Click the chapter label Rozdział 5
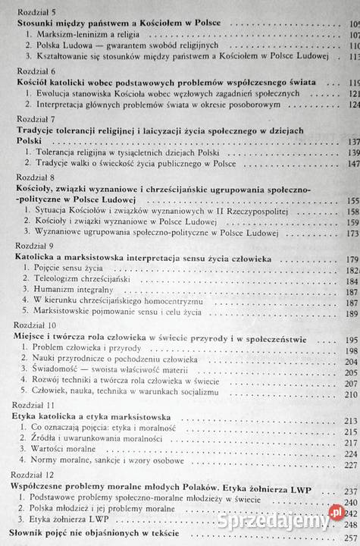pyautogui.click(x=34, y=12)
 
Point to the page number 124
pyautogui.click(x=352, y=105)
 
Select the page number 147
pyautogui.click(x=352, y=164)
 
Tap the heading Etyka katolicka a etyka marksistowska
pyautogui.click(x=93, y=416)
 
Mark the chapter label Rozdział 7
pyautogui.click(x=34, y=119)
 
